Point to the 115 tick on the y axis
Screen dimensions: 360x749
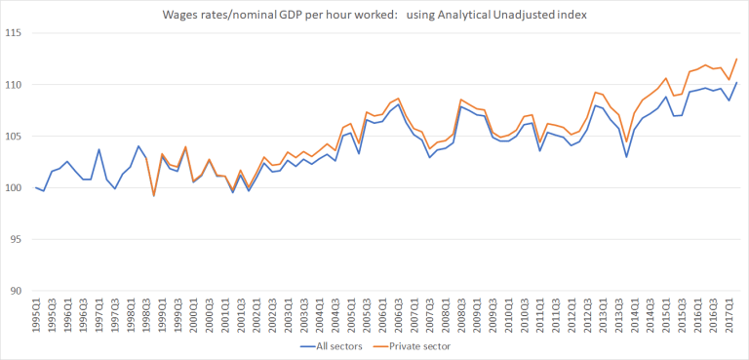coord(16,34)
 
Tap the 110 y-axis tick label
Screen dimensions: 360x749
coord(16,86)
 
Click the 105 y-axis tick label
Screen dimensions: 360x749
coord(16,137)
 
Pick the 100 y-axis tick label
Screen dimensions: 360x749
coord(16,188)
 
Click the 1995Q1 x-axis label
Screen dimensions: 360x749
coord(36,315)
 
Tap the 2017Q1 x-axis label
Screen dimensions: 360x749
coord(722,315)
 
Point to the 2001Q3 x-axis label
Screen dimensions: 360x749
coord(240,315)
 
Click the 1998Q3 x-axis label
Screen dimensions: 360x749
coord(146,315)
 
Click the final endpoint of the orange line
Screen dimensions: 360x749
coord(736,59)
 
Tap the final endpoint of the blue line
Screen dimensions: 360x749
coord(736,83)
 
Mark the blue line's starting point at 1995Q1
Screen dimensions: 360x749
coord(36,187)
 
